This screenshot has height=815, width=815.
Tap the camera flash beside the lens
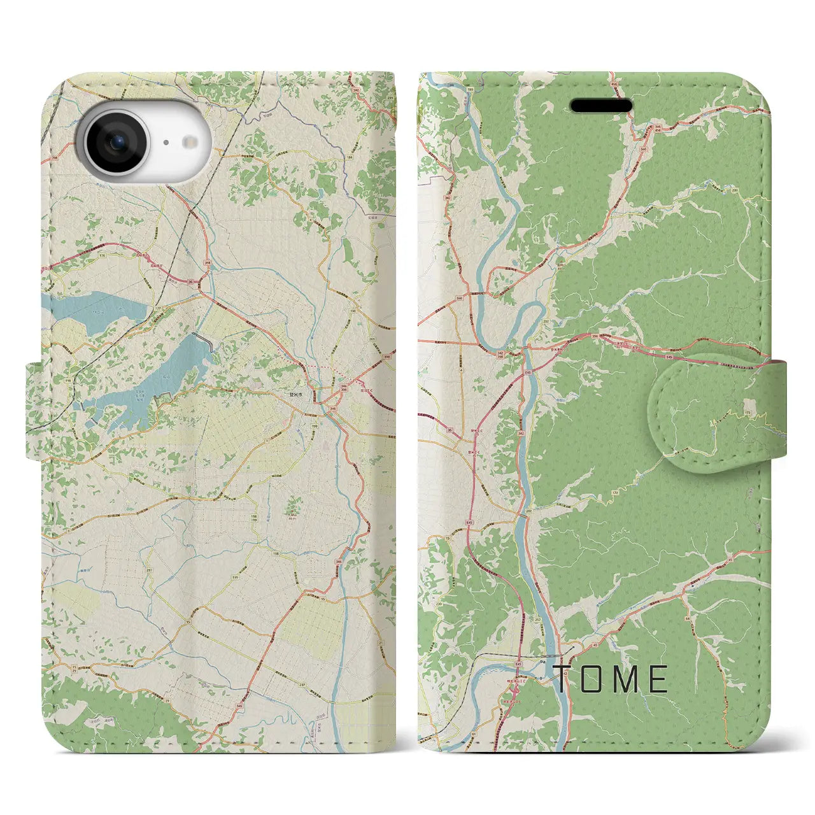188,143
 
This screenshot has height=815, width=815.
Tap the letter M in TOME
625,679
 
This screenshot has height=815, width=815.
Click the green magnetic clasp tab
716,413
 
